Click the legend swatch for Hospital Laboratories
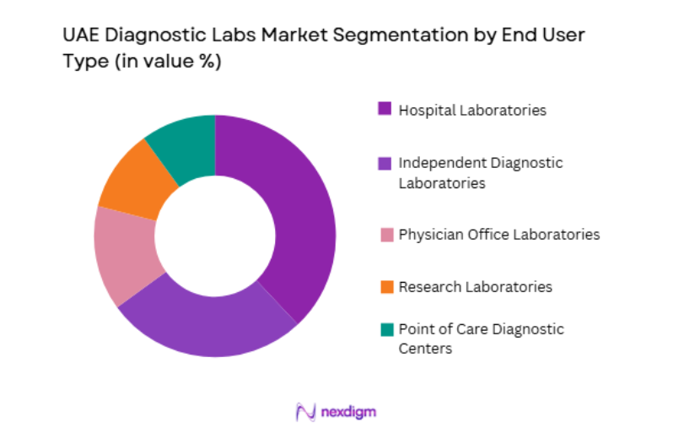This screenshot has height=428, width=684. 385,109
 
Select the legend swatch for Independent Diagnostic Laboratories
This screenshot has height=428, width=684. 385,162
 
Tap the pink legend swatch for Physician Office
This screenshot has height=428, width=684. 385,234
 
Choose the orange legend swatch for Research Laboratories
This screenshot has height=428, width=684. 385,286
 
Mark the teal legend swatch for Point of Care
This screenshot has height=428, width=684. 385,329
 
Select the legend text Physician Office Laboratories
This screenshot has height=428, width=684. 499,234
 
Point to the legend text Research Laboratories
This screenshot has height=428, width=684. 476,286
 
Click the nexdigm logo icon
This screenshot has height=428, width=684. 304,411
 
